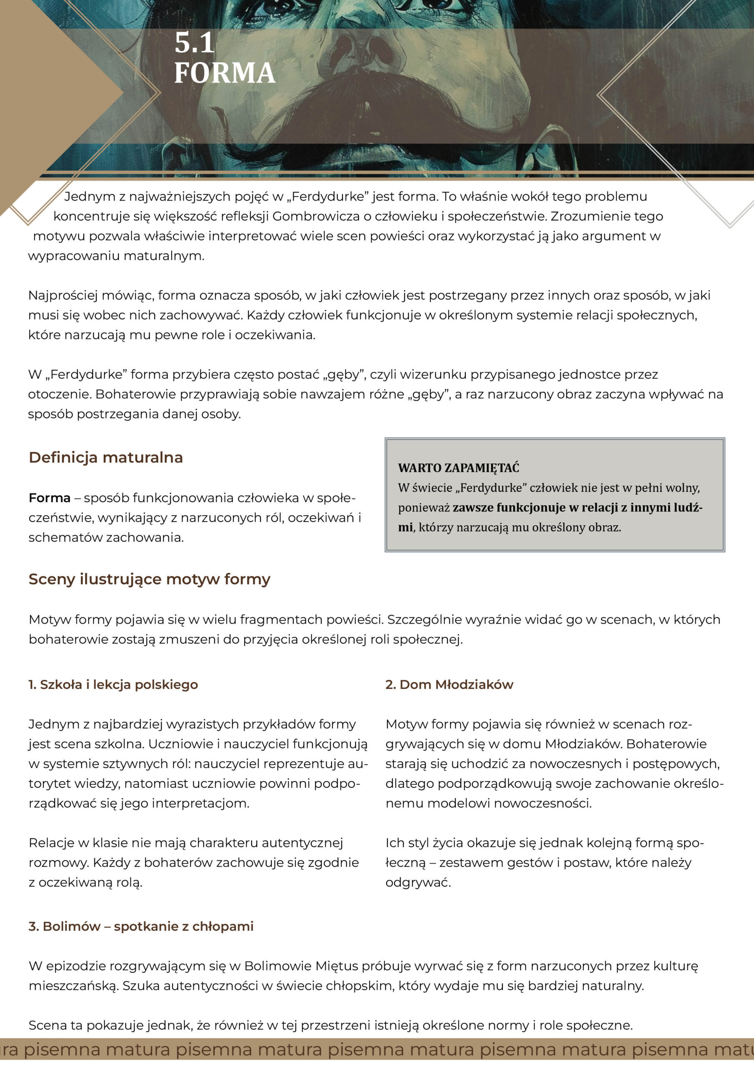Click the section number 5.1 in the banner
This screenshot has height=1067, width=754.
tap(194, 43)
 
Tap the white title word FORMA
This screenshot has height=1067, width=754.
tap(225, 73)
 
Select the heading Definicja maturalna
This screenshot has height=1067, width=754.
tap(105, 457)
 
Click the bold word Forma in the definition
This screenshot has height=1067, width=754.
tap(49, 498)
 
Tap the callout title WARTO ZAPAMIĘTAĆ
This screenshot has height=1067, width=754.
tap(458, 468)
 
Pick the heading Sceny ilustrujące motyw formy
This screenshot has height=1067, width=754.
tap(149, 579)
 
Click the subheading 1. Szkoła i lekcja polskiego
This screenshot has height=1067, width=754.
tap(113, 684)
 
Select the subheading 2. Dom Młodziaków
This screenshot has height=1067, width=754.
tap(449, 684)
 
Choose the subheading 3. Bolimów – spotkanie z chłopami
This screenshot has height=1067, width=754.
tap(141, 926)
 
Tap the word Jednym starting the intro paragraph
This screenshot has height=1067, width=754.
tap(90, 197)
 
